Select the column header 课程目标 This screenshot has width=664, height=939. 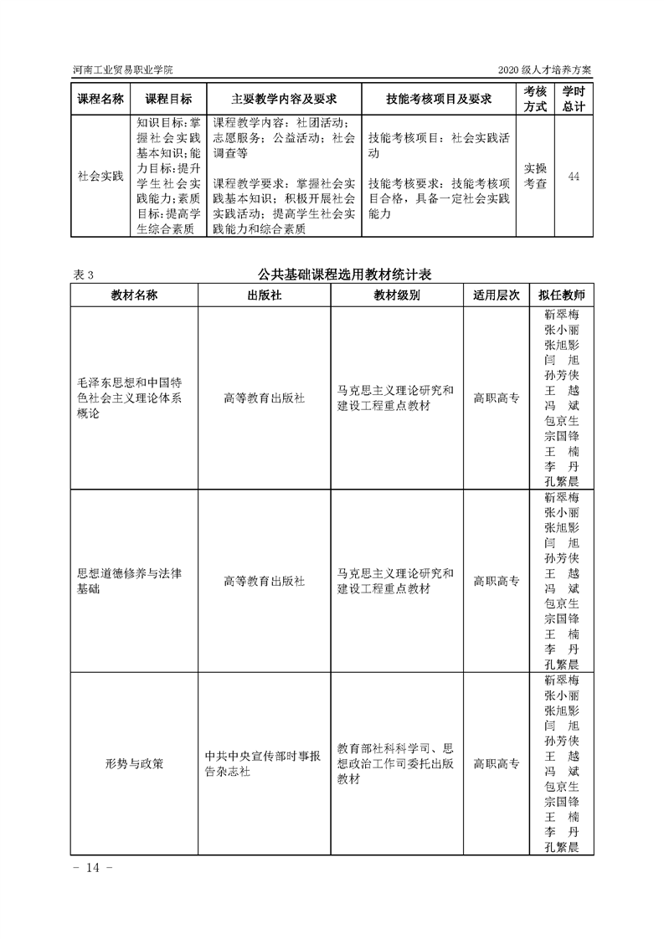pos(168,99)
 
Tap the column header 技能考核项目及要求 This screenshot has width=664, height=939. pos(438,99)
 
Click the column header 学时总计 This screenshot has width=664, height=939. pos(574,99)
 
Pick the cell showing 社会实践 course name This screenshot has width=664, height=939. pos(100,177)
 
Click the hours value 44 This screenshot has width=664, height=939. pos(574,177)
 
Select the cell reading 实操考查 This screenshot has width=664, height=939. pos(535,177)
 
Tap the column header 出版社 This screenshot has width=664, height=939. pos(264,295)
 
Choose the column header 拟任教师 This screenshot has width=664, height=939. pos(562,295)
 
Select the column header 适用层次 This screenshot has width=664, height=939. pos(497,295)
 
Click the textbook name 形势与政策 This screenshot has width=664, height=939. pos(134,763)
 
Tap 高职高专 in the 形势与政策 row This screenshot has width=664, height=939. pos(497,763)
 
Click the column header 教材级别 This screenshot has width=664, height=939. pos(397,295)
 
